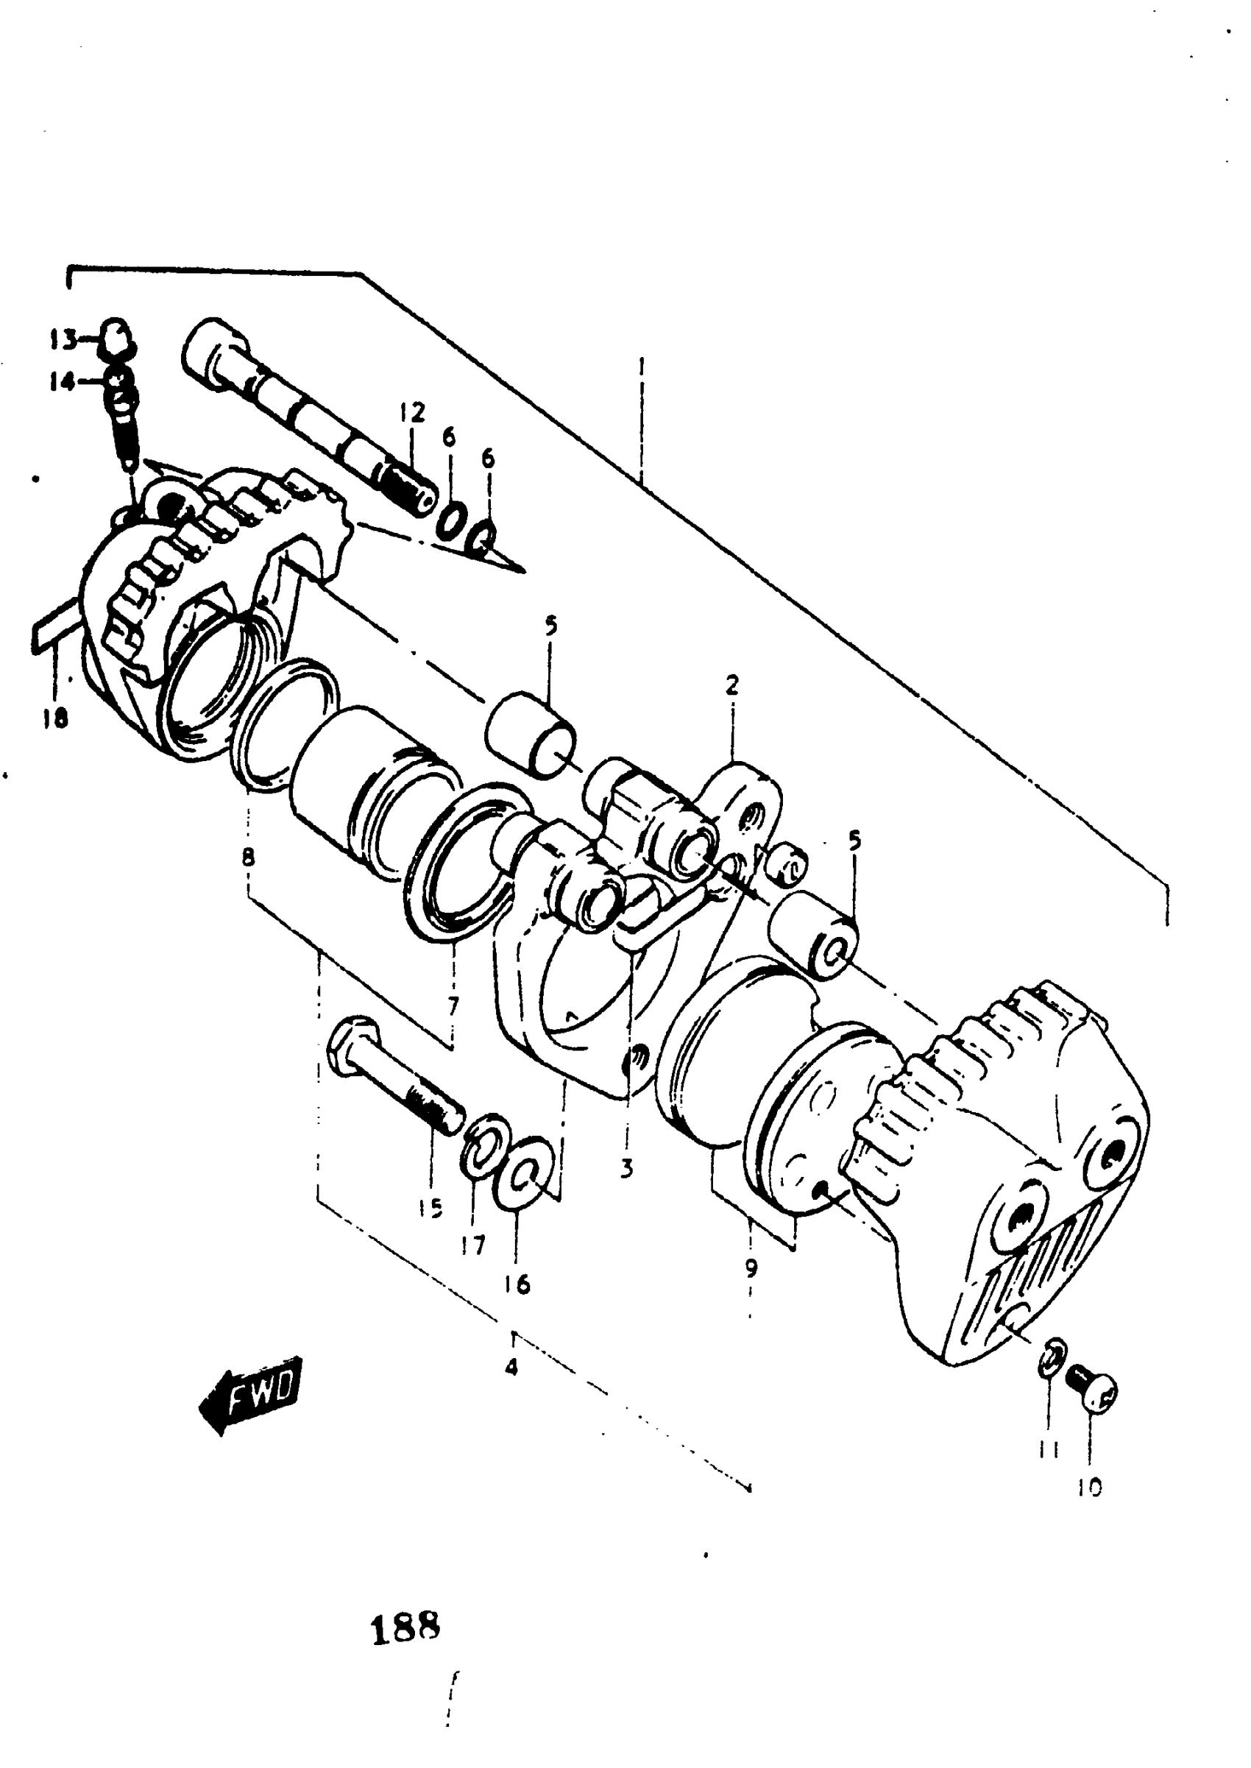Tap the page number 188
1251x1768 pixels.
coord(405,1629)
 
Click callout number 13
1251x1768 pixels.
coord(63,339)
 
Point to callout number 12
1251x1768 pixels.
coord(412,413)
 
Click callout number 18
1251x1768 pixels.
coord(55,718)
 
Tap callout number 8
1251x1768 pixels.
coord(248,857)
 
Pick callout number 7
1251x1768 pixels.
coord(453,1005)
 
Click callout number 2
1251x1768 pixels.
coord(731,684)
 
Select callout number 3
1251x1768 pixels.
coord(626,1170)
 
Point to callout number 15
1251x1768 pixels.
coord(430,1208)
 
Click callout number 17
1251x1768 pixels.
coord(473,1243)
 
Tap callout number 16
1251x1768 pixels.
coord(517,1284)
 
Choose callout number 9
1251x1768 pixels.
coord(751,1267)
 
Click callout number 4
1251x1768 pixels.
coord(511,1368)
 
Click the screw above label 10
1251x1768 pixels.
coord(1094,1394)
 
